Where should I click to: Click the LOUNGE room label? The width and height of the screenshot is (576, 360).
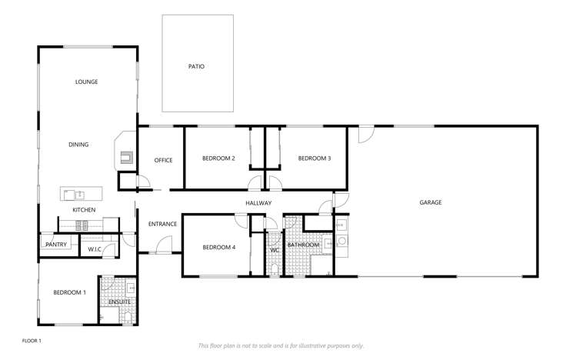pyautogui.click(x=86, y=82)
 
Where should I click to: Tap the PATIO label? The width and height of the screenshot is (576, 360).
pyautogui.click(x=196, y=66)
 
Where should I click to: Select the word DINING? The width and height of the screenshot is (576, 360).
pyautogui.click(x=78, y=144)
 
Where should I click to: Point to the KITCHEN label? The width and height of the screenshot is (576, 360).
pyautogui.click(x=84, y=210)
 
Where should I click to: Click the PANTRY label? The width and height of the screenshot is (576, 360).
pyautogui.click(x=57, y=245)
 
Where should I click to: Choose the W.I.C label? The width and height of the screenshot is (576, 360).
pyautogui.click(x=95, y=249)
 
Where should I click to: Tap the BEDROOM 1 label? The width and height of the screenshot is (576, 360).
pyautogui.click(x=69, y=292)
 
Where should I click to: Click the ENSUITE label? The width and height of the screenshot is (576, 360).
pyautogui.click(x=119, y=302)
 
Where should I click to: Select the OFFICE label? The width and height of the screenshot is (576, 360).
pyautogui.click(x=163, y=160)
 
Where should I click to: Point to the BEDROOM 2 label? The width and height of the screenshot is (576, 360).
pyautogui.click(x=218, y=158)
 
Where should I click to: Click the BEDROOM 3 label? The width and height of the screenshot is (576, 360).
pyautogui.click(x=315, y=158)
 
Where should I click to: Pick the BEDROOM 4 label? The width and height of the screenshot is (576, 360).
pyautogui.click(x=218, y=247)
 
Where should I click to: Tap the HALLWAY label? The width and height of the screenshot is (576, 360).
pyautogui.click(x=259, y=203)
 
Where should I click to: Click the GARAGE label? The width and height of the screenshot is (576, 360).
pyautogui.click(x=430, y=202)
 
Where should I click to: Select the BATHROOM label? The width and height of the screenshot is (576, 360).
pyautogui.click(x=302, y=246)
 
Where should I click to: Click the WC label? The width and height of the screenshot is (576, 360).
pyautogui.click(x=274, y=251)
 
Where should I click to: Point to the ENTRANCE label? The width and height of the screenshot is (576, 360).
pyautogui.click(x=163, y=224)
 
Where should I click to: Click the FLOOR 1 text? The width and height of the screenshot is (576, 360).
pyautogui.click(x=32, y=339)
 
